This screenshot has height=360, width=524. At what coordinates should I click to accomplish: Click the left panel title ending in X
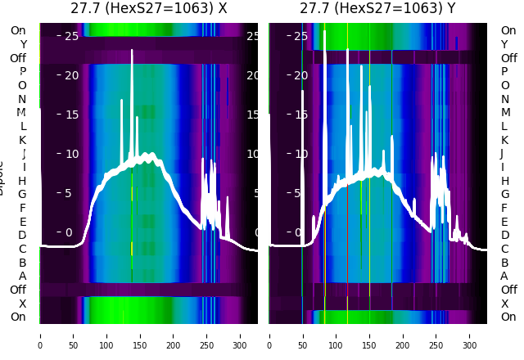click(148, 9)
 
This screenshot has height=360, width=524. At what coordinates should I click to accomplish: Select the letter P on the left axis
click(22, 72)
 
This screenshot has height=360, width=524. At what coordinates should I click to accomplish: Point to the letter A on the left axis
click(22, 277)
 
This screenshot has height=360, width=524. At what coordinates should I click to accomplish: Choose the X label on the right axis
click(504, 304)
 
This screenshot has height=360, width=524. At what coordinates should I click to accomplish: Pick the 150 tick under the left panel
click(140, 335)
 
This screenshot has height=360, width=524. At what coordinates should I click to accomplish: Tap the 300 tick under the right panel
click(470, 335)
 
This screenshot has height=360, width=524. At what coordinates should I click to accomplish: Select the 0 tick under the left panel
click(40, 335)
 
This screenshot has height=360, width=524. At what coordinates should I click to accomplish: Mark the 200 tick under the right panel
click(403, 335)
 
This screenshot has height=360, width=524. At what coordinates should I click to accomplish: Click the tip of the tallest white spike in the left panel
click(132, 51)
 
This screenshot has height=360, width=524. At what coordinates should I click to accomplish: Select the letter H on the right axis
click(504, 181)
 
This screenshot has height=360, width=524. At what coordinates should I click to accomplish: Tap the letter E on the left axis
click(22, 222)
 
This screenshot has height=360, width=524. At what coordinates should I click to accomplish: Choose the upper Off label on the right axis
click(508, 58)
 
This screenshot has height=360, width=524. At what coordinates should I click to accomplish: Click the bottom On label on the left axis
click(18, 317)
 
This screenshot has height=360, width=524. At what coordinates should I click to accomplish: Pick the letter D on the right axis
click(504, 236)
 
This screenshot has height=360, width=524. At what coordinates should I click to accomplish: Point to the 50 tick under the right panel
click(303, 335)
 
